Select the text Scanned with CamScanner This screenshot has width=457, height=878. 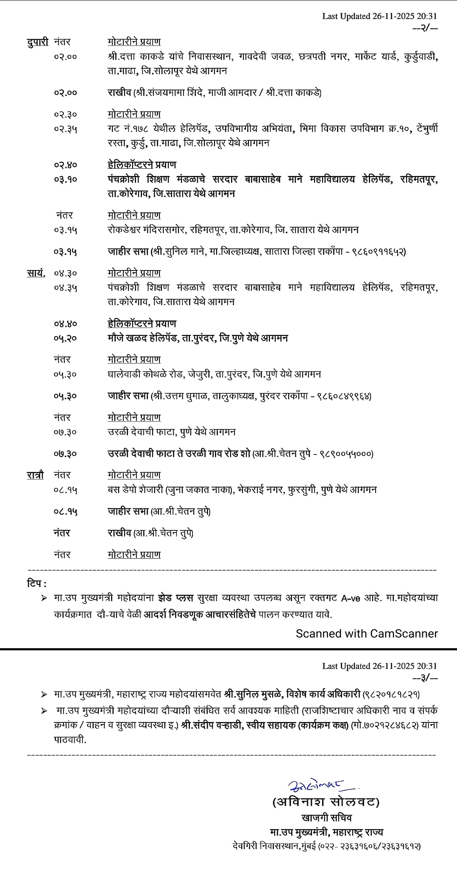367,633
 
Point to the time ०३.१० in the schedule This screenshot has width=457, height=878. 65,179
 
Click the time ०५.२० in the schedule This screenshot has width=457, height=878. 65,338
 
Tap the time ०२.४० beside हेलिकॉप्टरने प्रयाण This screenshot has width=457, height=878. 65,165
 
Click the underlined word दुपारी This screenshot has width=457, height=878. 38,42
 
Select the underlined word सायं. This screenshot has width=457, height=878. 36,273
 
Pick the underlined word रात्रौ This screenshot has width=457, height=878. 36,475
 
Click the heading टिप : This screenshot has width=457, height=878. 36,583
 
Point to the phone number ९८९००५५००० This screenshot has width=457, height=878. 346,454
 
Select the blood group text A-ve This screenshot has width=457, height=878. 351,598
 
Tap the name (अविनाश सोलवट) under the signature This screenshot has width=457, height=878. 326,802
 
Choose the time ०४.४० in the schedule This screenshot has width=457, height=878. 65,324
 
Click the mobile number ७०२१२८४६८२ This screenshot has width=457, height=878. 388,725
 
